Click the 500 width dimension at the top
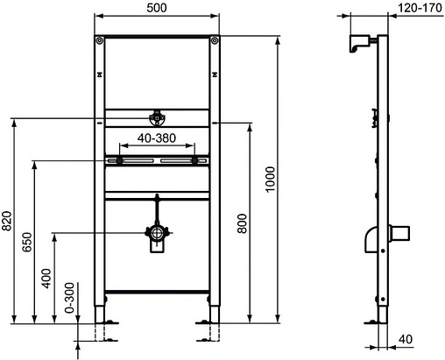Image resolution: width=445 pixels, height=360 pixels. click(x=157, y=8)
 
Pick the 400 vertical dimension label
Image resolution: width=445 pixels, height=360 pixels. click(x=46, y=278)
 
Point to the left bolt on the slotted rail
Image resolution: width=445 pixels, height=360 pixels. click(x=116, y=159)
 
